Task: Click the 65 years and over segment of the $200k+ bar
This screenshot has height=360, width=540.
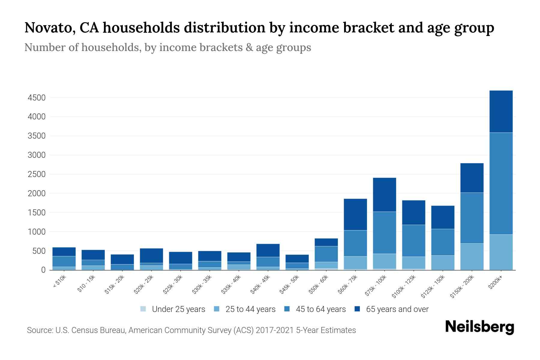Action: (x=501, y=111)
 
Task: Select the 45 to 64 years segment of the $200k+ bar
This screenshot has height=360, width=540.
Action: (x=501, y=183)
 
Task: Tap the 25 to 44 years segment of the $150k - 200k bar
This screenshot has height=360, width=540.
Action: (x=472, y=256)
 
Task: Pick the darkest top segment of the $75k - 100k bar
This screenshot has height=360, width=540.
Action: (x=384, y=195)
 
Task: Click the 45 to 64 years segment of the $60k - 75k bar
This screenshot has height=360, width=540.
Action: (x=355, y=243)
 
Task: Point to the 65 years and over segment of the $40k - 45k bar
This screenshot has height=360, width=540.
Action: (x=268, y=250)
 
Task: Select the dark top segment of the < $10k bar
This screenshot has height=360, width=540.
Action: (x=64, y=252)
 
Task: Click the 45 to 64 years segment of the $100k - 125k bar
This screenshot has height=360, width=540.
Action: (x=413, y=241)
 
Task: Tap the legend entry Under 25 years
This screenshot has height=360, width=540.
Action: (x=178, y=309)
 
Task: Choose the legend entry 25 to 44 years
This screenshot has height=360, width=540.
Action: (x=250, y=309)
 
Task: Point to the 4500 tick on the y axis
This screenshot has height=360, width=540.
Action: (x=37, y=98)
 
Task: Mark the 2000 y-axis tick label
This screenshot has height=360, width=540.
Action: (x=37, y=193)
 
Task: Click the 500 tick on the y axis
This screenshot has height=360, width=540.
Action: (x=39, y=251)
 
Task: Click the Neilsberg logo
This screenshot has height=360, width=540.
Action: (x=479, y=327)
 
